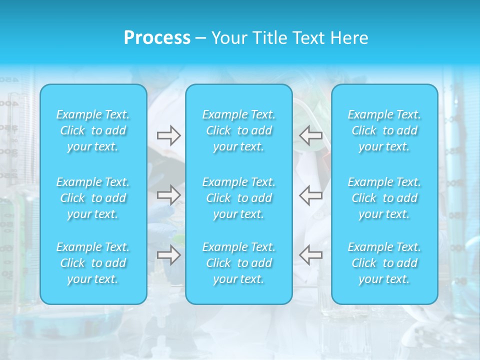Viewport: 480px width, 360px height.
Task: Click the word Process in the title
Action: (157, 38)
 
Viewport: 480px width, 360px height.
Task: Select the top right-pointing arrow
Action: (168, 135)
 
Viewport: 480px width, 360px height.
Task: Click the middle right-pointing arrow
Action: (168, 195)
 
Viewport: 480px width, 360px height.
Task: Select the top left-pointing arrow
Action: (310, 135)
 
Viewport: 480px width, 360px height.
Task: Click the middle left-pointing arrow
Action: (310, 195)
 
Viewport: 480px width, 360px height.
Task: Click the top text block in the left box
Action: (93, 130)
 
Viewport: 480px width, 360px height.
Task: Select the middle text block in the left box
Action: (93, 198)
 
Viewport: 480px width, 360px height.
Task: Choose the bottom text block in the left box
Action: (93, 263)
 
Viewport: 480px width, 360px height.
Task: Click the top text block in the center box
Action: (239, 130)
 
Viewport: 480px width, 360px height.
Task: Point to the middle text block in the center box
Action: (239, 198)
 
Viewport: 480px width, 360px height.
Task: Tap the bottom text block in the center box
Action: (239, 263)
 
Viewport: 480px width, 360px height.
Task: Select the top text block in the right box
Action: (384, 130)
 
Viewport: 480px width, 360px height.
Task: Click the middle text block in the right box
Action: (384, 198)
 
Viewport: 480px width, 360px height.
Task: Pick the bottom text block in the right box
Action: (384, 263)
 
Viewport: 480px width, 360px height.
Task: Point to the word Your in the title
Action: (228, 38)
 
